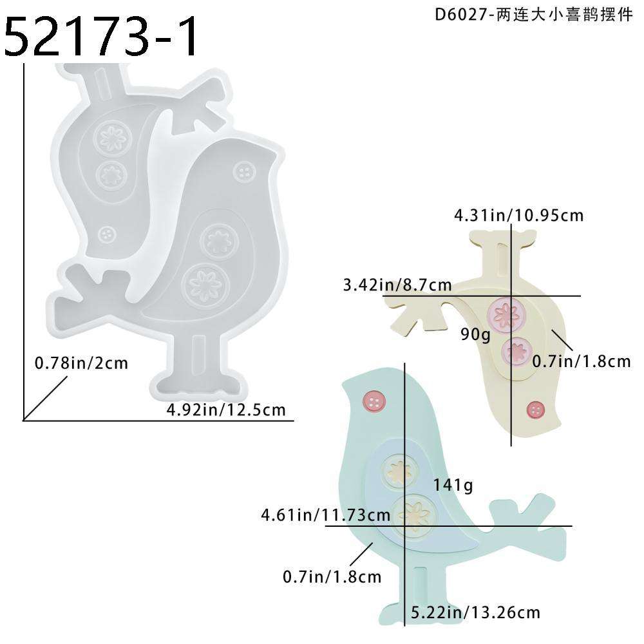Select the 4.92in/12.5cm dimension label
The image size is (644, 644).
[x=225, y=410]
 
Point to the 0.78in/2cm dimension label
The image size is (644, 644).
[x=81, y=363]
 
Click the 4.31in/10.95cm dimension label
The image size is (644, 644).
[x=518, y=215]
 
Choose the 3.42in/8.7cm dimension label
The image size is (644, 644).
[x=397, y=284]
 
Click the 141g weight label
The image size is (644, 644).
[x=453, y=484]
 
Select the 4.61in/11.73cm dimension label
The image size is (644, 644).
[x=325, y=515]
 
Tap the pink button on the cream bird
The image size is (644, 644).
[x=535, y=409]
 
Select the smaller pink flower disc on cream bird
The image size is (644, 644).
[x=515, y=351]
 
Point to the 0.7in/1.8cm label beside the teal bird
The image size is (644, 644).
[x=332, y=576]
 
